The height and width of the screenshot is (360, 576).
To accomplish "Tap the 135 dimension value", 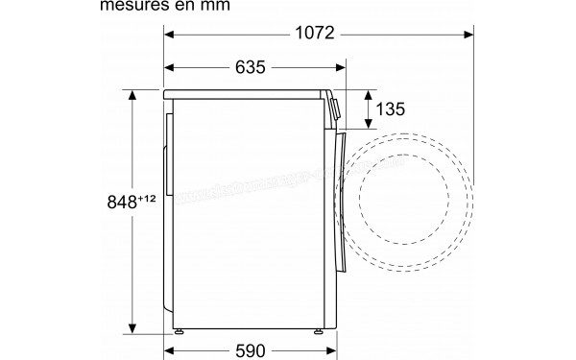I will click(389, 109).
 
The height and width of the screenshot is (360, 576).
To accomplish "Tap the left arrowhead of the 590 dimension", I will click(171, 350).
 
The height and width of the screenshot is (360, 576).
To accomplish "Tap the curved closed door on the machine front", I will click(339, 192).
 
